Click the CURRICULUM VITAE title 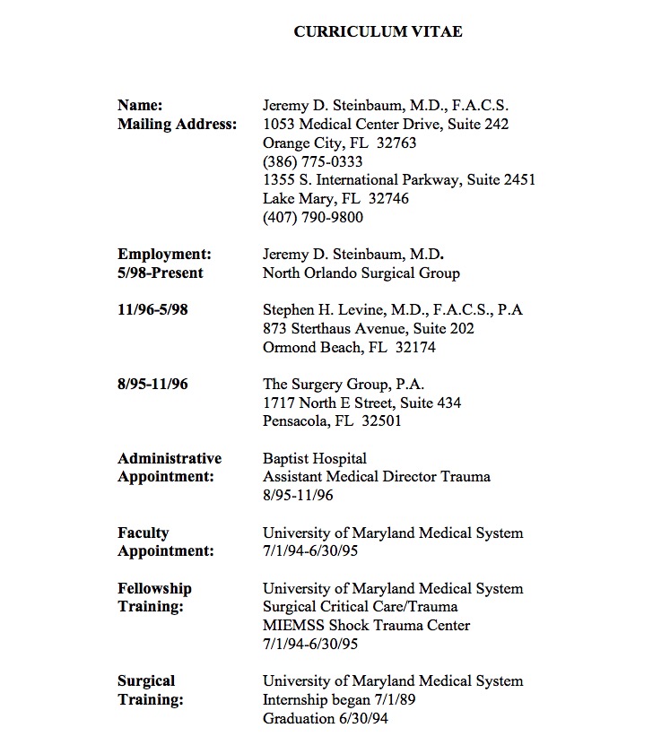(378, 32)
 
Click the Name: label (140, 106)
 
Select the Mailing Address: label (178, 125)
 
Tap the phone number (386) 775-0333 (312, 161)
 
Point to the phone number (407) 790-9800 (312, 217)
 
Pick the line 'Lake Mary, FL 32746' (323, 199)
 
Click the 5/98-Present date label (161, 273)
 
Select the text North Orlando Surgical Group (361, 273)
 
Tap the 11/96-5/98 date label (152, 310)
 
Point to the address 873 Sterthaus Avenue (332, 329)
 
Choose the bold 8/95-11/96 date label (152, 384)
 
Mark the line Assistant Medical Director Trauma (377, 477)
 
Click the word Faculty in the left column (144, 533)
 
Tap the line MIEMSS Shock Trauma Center (366, 626)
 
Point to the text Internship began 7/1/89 (338, 699)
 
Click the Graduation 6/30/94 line (326, 718)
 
